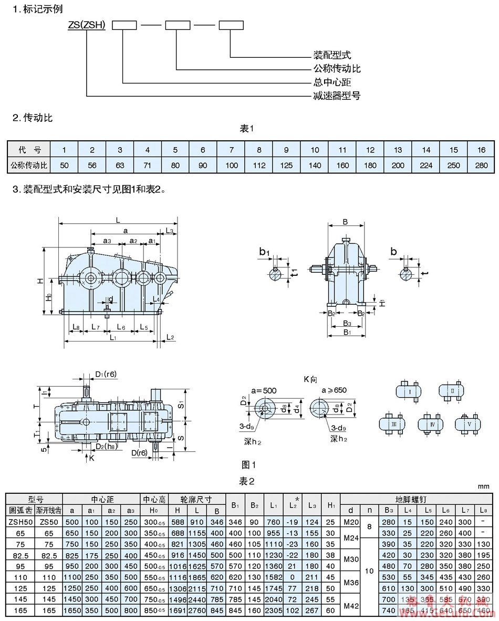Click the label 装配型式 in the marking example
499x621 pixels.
point(332,55)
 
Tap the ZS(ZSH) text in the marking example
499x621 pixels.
point(86,25)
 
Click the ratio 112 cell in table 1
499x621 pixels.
point(259,165)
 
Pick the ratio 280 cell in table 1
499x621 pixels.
point(481,165)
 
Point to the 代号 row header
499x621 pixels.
point(29,150)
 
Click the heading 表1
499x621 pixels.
point(247,129)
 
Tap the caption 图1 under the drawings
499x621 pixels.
point(248,464)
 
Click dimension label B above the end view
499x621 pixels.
point(345,222)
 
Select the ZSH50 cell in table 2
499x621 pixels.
point(20,522)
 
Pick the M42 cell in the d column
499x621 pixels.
point(351,605)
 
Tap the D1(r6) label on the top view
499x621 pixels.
point(106,375)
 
